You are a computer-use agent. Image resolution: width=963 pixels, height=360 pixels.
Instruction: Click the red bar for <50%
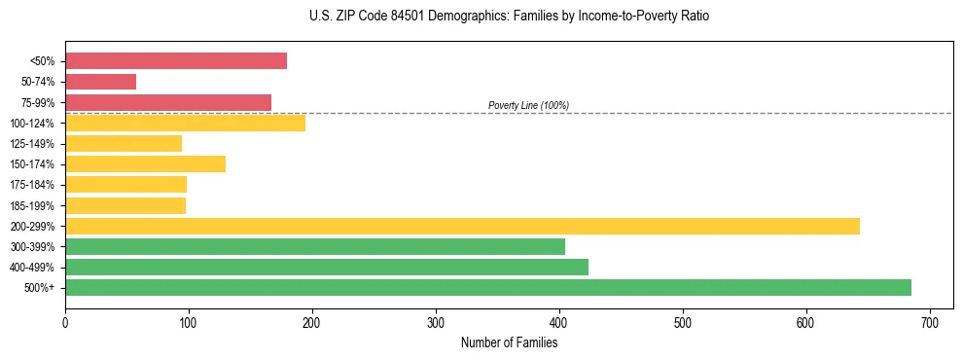(x=176, y=61)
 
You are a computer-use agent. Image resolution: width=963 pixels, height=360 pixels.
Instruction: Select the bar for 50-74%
(x=100, y=82)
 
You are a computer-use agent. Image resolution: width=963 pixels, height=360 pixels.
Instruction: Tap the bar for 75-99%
(x=168, y=102)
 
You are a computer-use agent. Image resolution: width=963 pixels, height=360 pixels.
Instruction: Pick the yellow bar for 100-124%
(x=185, y=123)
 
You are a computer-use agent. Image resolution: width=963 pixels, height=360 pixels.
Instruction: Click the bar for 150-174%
(x=145, y=163)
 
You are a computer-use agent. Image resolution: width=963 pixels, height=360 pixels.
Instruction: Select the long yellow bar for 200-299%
(x=462, y=226)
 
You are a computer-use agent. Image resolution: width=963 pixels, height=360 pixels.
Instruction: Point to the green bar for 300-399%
(x=314, y=246)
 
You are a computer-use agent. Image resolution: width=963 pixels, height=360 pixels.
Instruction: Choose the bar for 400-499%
(x=326, y=267)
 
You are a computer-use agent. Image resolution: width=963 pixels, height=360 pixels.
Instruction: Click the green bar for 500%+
(x=487, y=287)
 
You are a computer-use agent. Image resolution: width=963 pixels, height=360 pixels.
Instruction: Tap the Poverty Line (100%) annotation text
(x=528, y=105)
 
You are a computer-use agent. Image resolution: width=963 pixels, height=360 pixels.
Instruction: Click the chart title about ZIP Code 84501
(x=503, y=17)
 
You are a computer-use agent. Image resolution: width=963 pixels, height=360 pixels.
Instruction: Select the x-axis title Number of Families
(x=509, y=342)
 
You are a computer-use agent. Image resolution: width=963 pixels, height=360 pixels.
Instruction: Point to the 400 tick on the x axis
(x=559, y=322)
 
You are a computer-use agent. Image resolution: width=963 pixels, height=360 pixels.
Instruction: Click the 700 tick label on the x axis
(x=930, y=322)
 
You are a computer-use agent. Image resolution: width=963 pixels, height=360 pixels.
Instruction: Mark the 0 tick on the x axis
(x=65, y=322)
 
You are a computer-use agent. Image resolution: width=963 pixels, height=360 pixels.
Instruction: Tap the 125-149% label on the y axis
(x=32, y=144)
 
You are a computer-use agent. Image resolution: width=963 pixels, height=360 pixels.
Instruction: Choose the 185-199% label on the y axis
(x=32, y=205)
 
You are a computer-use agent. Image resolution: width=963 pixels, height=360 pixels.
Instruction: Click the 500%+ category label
(x=40, y=288)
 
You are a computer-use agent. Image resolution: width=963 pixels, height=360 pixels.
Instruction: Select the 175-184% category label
(x=32, y=185)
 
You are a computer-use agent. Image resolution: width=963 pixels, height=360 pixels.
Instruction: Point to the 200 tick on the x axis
(x=312, y=322)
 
